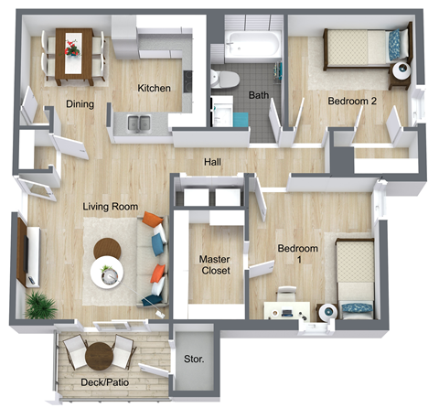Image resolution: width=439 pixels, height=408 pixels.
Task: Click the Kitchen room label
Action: [x=154, y=89]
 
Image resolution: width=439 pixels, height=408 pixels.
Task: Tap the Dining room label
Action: [x=80, y=103]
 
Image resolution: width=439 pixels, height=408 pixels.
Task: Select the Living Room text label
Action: [x=111, y=207]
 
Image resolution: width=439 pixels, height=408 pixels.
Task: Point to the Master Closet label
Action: [x=215, y=265]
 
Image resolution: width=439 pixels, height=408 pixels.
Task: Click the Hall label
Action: [x=212, y=163]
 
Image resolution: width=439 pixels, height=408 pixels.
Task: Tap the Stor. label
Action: [x=193, y=360]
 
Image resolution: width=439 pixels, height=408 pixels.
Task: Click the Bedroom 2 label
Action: [x=352, y=102]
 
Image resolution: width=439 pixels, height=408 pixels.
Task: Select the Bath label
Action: [x=258, y=95]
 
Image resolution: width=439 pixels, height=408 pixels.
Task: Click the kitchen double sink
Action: [x=139, y=122]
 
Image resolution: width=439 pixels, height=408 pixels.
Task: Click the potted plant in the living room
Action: [x=38, y=306]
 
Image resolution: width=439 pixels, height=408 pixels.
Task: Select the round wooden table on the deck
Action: [x=101, y=349]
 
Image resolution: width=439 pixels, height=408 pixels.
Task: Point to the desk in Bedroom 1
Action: [x=285, y=309]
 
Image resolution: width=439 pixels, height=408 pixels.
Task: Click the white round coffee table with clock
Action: [x=109, y=273]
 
